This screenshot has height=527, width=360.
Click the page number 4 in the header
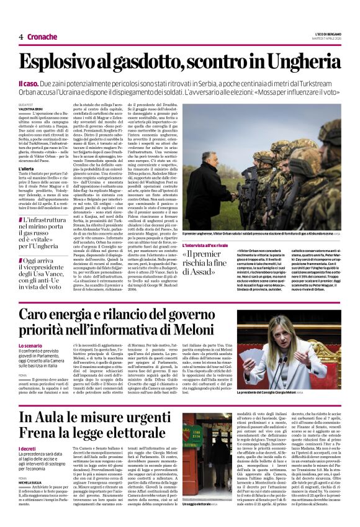(x=21, y=37)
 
